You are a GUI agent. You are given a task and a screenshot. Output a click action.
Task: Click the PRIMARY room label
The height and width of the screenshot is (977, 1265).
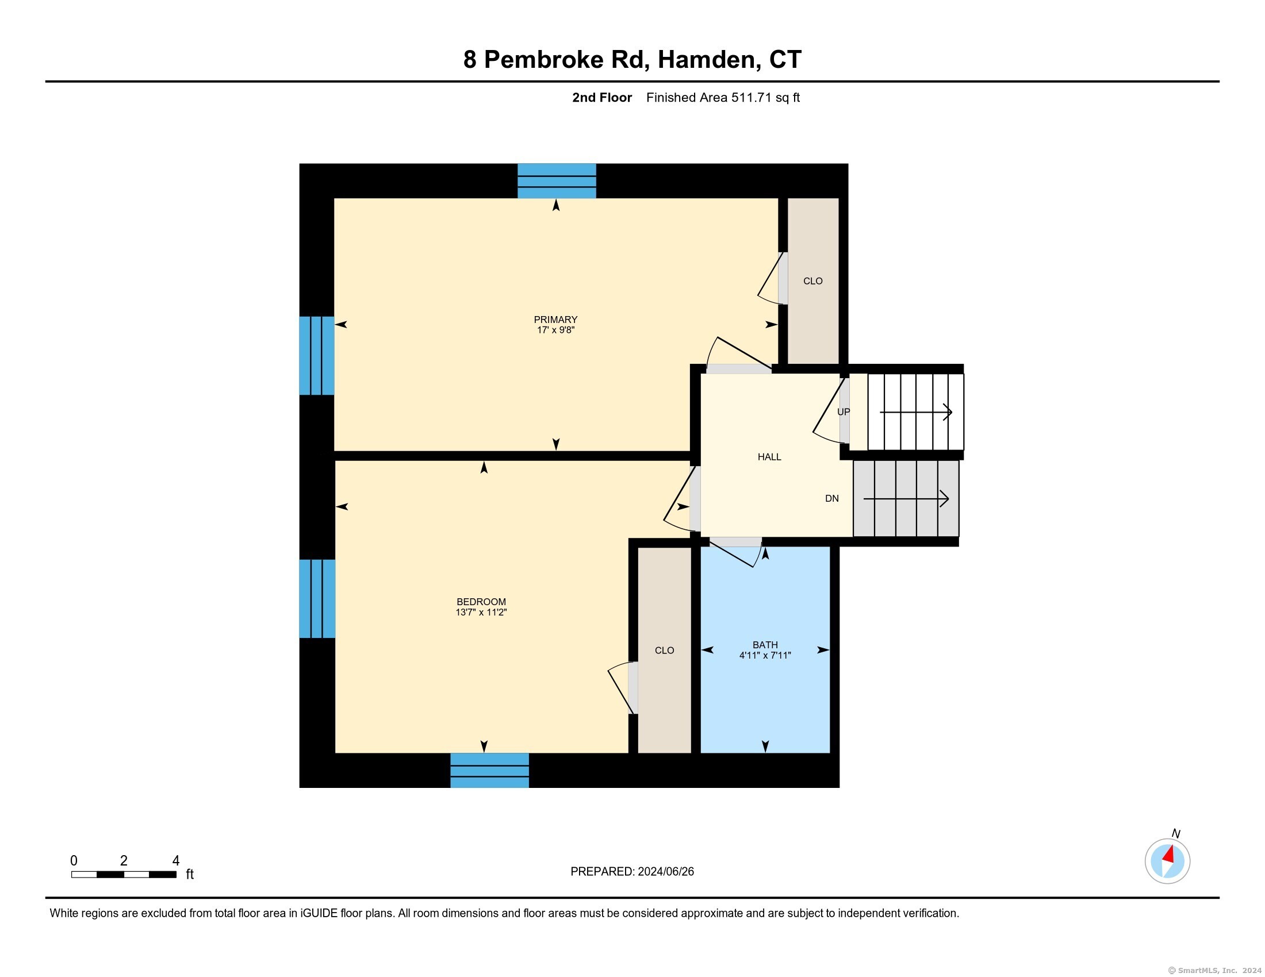click(x=555, y=320)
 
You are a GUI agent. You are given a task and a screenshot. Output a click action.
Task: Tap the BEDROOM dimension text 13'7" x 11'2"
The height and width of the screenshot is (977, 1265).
click(x=481, y=613)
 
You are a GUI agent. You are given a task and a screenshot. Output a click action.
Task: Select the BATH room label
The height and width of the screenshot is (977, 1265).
click(x=765, y=645)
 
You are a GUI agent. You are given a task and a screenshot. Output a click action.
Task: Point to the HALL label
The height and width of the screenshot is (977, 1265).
click(x=769, y=457)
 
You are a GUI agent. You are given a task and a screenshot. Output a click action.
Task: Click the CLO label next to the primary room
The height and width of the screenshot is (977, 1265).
click(x=812, y=280)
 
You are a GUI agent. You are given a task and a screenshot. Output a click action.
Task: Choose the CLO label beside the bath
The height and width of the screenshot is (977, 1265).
click(x=664, y=651)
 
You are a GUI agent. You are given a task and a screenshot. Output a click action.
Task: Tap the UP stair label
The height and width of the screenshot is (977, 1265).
click(x=844, y=412)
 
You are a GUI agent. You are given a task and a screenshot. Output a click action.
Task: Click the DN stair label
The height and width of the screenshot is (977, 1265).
click(x=832, y=498)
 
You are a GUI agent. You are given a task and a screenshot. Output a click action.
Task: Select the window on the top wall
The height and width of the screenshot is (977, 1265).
click(x=557, y=181)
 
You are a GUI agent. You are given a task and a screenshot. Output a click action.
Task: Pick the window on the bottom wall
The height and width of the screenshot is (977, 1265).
click(x=489, y=770)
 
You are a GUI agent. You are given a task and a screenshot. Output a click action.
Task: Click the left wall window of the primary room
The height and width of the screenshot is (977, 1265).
click(x=317, y=355)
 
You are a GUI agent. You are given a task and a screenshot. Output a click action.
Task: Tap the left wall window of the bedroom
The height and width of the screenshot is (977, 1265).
click(x=317, y=598)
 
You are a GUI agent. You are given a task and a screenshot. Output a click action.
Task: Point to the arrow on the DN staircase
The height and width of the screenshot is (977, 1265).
click(x=906, y=498)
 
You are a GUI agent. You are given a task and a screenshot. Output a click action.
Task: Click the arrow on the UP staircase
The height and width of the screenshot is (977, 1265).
click(x=917, y=412)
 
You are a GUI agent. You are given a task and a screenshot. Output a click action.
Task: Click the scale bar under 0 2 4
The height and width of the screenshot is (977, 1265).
click(x=124, y=874)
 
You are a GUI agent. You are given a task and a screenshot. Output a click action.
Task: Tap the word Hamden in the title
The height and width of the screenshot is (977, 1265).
click(x=709, y=60)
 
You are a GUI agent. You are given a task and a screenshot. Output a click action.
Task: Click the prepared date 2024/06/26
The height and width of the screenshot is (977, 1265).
click(x=665, y=872)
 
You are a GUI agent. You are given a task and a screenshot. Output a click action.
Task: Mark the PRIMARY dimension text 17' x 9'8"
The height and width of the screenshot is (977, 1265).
click(x=555, y=330)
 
